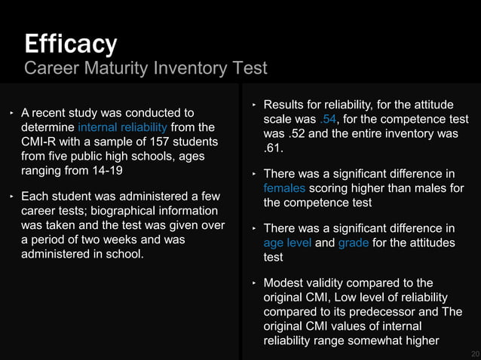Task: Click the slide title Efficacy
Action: [70, 44]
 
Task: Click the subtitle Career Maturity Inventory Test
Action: [146, 69]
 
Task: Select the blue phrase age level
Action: [286, 243]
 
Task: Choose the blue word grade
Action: [354, 243]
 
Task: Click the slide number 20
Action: [474, 353]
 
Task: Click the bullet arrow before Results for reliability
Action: [254, 105]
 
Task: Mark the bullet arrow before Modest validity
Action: [254, 282]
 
